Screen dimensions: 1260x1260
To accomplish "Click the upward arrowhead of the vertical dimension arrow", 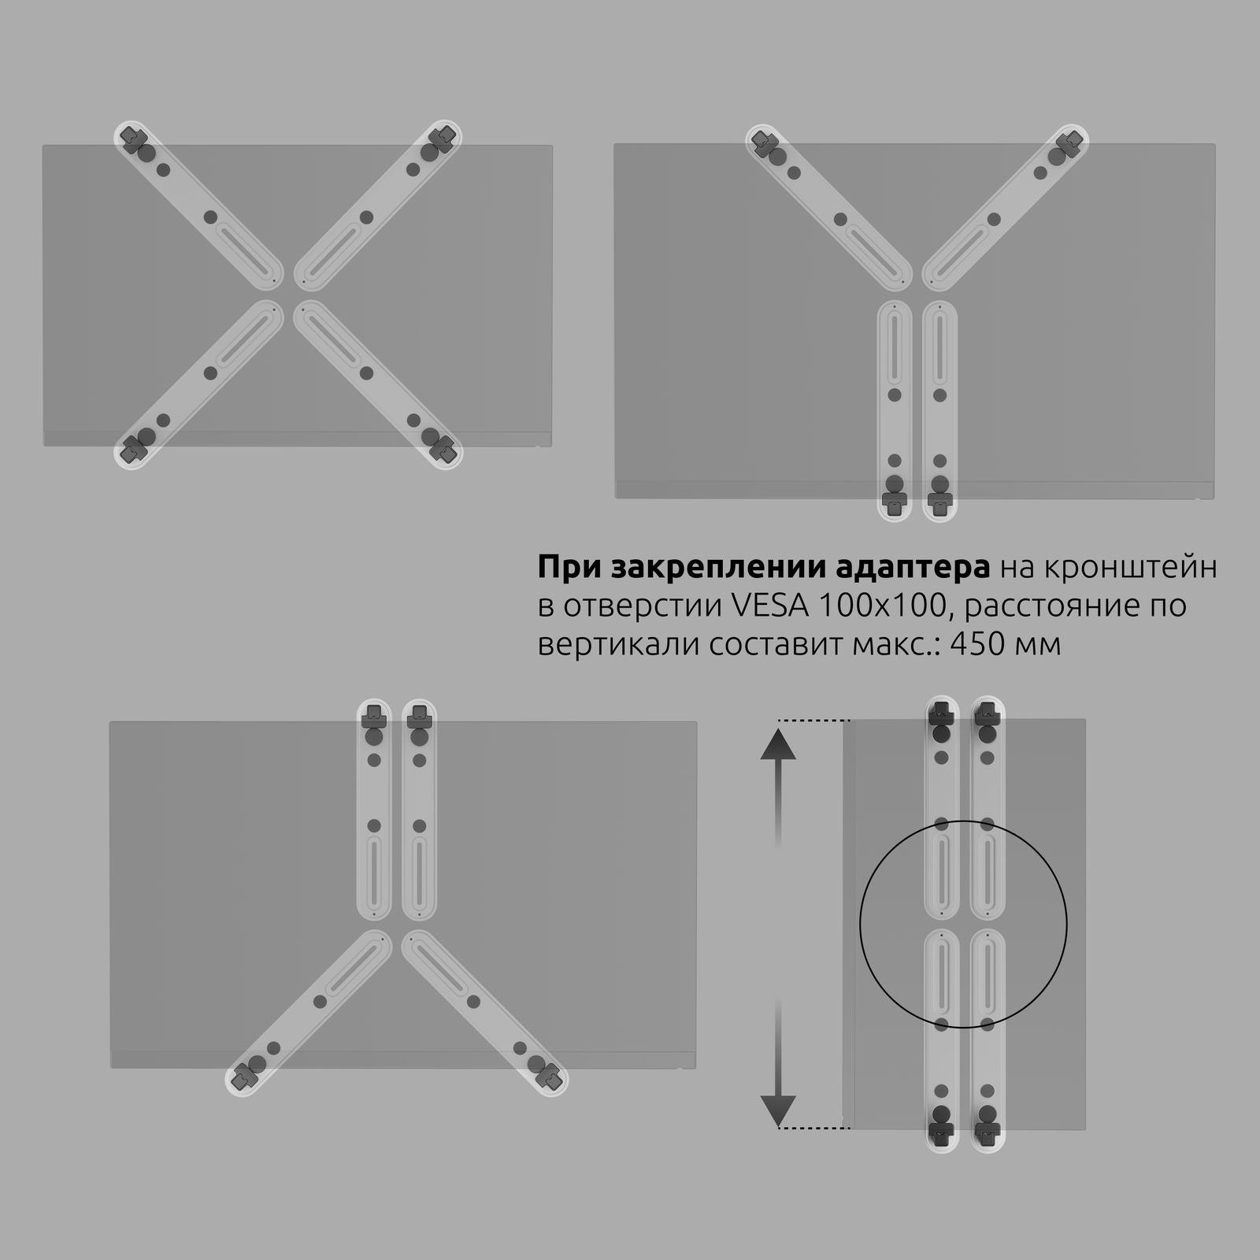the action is [x=778, y=743].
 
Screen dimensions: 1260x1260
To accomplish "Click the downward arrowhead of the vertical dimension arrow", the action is [x=778, y=1110].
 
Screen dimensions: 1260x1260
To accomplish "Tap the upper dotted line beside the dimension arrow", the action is [x=814, y=721].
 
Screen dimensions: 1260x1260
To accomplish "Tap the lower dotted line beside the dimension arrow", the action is [x=814, y=1128].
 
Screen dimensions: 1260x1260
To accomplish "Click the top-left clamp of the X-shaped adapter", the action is [x=134, y=140].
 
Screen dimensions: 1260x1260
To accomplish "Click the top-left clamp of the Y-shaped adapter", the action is [x=764, y=142].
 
